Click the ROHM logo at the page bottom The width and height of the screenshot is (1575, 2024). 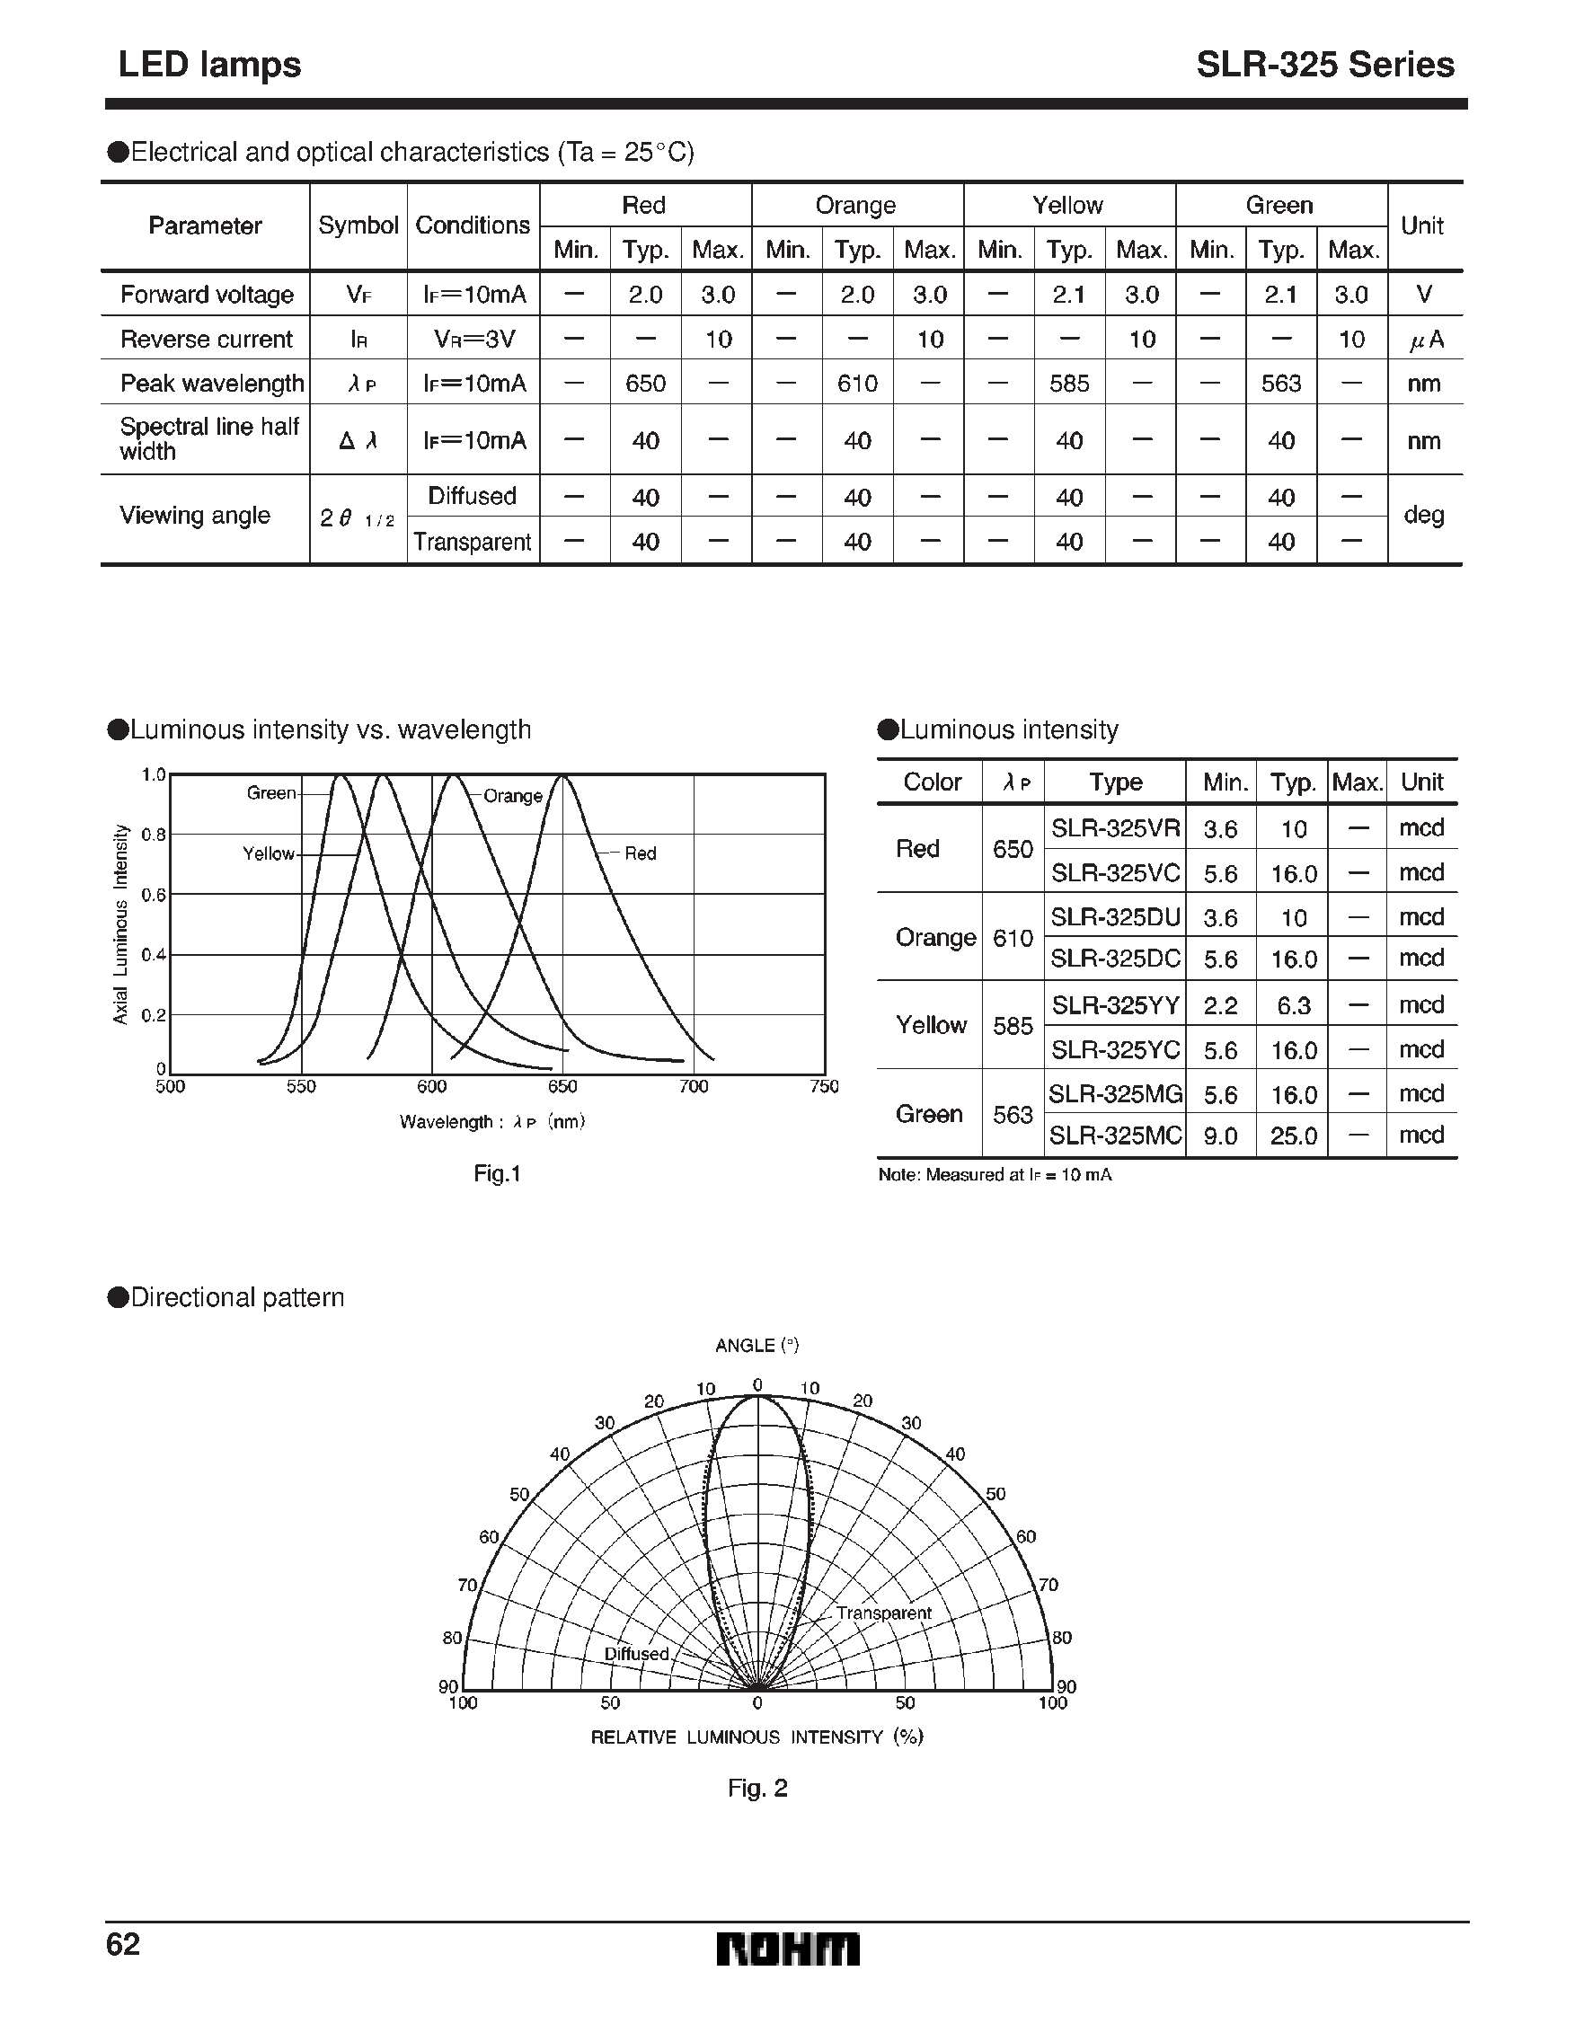coord(787,1949)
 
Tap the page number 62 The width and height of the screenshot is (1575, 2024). coord(123,1943)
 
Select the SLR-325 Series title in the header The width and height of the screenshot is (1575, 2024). coord(1324,65)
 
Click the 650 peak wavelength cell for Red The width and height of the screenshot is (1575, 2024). coord(645,383)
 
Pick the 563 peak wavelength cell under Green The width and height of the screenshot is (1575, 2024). coord(1281,383)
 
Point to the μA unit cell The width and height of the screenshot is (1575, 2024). coord(1425,340)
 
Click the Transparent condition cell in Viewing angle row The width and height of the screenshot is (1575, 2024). coord(473,541)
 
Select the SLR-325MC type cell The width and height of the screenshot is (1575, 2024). coord(1115,1136)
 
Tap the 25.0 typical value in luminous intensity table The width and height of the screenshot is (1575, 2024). coord(1293,1136)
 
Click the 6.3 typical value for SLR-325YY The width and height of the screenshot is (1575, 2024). coord(1293,1005)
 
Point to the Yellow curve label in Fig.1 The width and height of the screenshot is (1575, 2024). coord(269,853)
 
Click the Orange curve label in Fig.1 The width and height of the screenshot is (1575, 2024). coord(513,796)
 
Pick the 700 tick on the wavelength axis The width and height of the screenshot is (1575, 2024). coord(694,1086)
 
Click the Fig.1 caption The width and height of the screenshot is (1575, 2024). coord(497,1173)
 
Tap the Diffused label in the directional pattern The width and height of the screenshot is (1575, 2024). coord(636,1653)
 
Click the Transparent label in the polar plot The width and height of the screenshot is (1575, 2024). coord(882,1613)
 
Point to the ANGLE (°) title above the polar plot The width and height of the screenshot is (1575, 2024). coord(757,1345)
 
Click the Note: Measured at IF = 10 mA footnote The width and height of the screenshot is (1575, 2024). coord(994,1175)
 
